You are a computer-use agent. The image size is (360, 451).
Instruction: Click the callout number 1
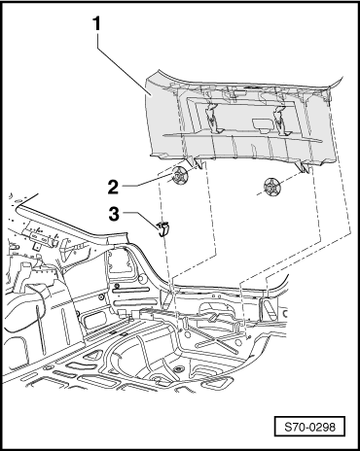pyautogui.click(x=97, y=24)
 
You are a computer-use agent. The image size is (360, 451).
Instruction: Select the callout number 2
pyautogui.click(x=113, y=188)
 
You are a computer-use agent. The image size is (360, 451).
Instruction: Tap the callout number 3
pyautogui.click(x=114, y=214)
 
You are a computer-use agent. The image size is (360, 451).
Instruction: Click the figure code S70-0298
pyautogui.click(x=309, y=427)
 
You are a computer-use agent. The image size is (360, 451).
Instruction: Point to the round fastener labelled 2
pyautogui.click(x=178, y=176)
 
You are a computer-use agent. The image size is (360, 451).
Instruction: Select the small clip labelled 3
pyautogui.click(x=163, y=228)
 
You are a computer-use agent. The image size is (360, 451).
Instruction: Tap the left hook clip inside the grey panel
pyautogui.click(x=212, y=120)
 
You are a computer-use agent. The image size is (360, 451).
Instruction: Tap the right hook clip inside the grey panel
pyautogui.click(x=280, y=121)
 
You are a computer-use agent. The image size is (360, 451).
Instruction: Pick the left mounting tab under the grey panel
pyautogui.click(x=197, y=162)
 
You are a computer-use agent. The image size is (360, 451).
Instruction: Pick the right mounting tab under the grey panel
pyautogui.click(x=304, y=167)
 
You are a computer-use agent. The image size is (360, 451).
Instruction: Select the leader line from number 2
pyautogui.click(x=147, y=181)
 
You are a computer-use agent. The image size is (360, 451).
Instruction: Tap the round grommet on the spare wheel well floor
pyautogui.click(x=178, y=369)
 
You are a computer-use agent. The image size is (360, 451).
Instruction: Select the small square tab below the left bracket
pyautogui.click(x=36, y=246)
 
